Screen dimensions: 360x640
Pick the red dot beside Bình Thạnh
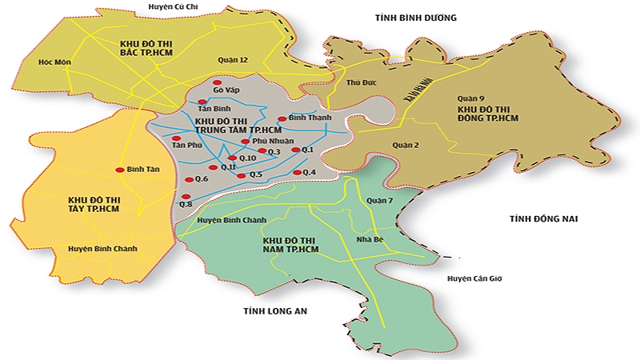[x=281, y=118]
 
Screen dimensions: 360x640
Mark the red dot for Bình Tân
[x=119, y=170]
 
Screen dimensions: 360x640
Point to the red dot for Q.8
[x=186, y=196]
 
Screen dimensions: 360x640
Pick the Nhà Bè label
[x=370, y=238]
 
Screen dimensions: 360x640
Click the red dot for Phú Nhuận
[x=245, y=142]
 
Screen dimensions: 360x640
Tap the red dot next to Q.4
[x=297, y=173]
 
